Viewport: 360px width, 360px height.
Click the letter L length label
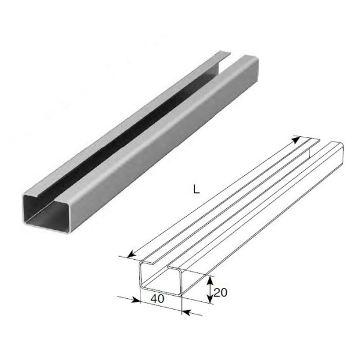[196, 189]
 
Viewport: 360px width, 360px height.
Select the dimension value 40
[157, 298]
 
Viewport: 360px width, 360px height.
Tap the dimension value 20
[220, 292]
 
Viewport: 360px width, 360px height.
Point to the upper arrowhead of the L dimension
[296, 139]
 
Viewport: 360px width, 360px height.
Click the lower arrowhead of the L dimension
[131, 254]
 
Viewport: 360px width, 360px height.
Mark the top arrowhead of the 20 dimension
[210, 280]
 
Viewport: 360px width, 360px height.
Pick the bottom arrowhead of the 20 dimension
[210, 298]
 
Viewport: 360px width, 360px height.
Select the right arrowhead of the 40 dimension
[187, 313]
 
